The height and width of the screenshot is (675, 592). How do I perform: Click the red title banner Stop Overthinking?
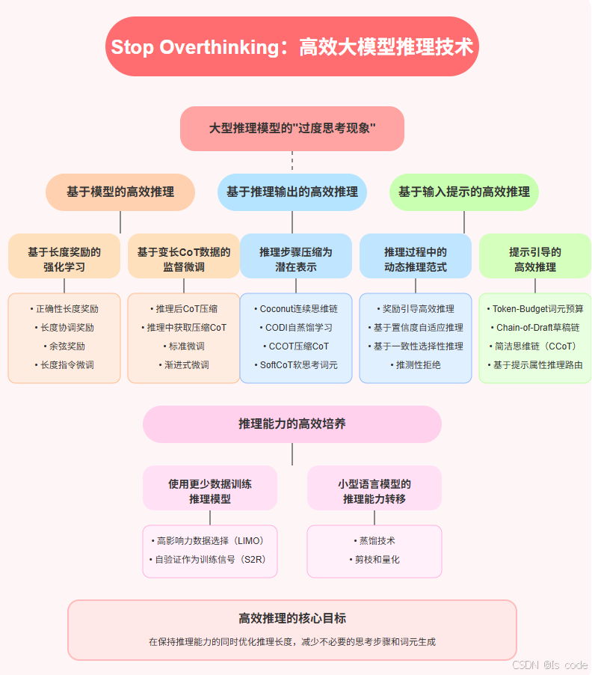[292, 47]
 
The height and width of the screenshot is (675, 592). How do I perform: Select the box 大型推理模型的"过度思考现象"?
[292, 129]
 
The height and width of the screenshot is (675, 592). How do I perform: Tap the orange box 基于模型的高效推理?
[120, 192]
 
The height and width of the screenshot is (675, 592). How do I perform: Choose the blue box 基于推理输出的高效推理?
[292, 192]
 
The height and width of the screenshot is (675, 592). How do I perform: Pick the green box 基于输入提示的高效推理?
[464, 192]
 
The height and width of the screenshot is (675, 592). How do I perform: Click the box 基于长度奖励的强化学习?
[64, 259]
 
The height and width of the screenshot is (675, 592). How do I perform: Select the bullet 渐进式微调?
[184, 365]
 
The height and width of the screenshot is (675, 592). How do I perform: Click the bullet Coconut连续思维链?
[296, 308]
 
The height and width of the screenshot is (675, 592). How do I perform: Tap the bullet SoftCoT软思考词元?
[296, 365]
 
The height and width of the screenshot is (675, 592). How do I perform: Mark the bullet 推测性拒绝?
[416, 365]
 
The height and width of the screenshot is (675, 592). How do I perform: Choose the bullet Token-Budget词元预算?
[535, 308]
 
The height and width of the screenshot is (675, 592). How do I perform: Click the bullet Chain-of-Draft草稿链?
[535, 327]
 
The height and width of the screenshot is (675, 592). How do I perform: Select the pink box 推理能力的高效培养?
[292, 424]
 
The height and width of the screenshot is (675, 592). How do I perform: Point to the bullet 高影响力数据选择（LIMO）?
[210, 540]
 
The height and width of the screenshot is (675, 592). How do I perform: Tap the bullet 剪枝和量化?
[374, 559]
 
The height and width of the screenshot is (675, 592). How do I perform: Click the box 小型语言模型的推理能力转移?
[374, 491]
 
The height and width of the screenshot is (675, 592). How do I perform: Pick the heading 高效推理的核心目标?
[292, 619]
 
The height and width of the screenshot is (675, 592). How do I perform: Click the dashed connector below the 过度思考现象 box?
[292, 162]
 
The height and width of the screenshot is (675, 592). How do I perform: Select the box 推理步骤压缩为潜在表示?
[296, 259]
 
